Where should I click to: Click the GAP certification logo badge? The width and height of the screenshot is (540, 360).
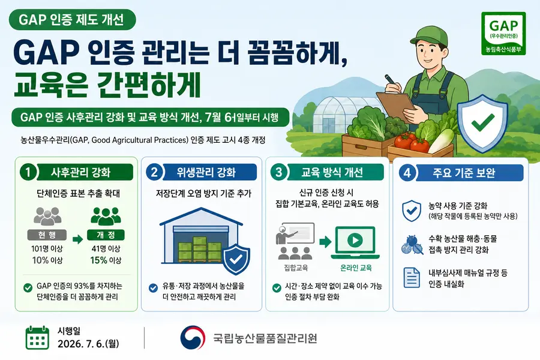(503, 33)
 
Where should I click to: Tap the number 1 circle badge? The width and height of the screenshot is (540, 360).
(28, 172)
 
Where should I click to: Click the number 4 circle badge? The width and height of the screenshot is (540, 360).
(407, 172)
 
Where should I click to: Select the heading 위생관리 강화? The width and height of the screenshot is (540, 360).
(206, 172)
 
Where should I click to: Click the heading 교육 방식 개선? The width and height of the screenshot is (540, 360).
(332, 172)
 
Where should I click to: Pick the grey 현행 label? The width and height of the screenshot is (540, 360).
(47, 235)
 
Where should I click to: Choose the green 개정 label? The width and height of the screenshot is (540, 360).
(106, 235)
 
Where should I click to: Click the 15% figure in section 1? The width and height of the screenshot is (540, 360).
(98, 260)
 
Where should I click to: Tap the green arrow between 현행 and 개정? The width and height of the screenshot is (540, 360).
(77, 239)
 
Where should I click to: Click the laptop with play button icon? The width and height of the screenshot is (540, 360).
(355, 242)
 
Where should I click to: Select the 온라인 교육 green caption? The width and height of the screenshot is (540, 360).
(356, 268)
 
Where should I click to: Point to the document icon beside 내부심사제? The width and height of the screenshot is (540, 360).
(412, 277)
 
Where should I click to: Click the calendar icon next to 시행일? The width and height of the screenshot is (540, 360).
(37, 338)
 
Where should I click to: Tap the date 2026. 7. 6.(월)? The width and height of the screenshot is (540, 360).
(88, 344)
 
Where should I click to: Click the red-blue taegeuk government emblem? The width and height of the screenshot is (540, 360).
(192, 338)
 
